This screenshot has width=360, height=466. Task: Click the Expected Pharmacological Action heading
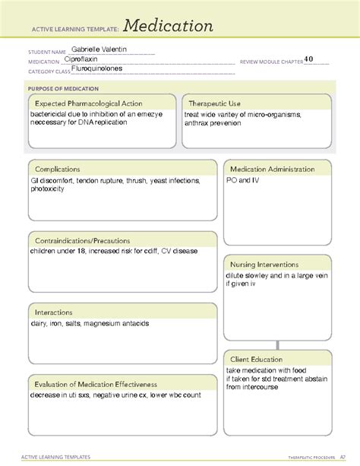88,103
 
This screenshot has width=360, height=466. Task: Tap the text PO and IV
243,181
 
